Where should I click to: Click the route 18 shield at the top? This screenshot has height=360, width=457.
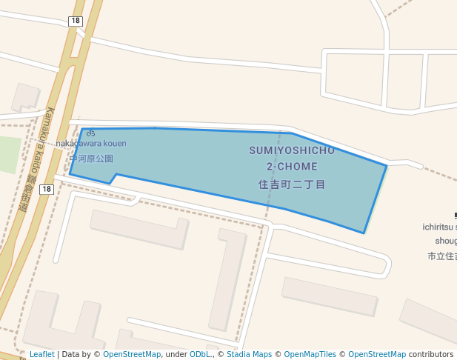[75, 21]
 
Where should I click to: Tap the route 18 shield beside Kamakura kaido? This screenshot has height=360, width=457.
[47, 190]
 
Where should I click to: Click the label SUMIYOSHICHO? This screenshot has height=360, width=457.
[292, 150]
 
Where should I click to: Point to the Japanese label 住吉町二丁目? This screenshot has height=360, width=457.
[292, 184]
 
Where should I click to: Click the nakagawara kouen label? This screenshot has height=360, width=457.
[91, 143]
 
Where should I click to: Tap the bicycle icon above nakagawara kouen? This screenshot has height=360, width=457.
[90, 133]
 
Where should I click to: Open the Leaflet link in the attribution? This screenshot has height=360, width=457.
[41, 354]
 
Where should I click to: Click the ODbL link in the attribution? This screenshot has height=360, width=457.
[200, 354]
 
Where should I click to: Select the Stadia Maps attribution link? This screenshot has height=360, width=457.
[249, 354]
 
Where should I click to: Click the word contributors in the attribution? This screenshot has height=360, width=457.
[431, 354]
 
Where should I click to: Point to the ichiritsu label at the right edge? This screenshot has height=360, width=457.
[440, 227]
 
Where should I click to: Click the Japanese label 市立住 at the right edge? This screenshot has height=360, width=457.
[442, 256]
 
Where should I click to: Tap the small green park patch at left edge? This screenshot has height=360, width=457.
[9, 154]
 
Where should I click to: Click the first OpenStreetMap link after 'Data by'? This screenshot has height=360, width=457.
[132, 354]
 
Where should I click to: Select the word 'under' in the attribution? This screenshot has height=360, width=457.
[176, 354]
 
